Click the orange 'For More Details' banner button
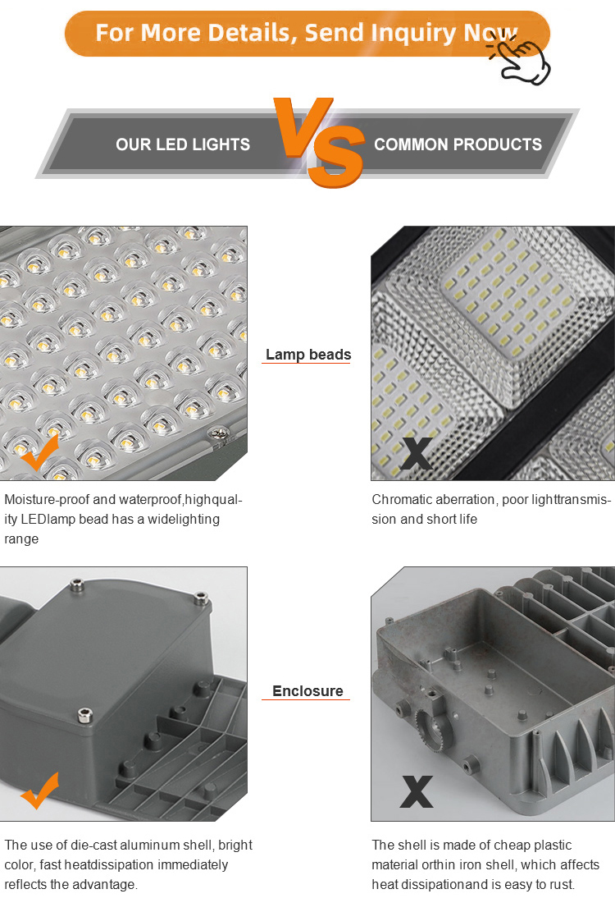[307, 34]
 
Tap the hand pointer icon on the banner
[520, 61]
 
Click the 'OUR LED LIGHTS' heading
[183, 144]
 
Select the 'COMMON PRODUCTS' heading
[458, 144]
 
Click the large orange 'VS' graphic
[320, 143]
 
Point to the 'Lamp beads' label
[308, 355]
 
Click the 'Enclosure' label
[307, 691]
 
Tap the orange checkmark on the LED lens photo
[40, 453]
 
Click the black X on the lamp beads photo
[417, 454]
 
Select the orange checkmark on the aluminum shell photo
[40, 791]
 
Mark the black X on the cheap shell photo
[417, 791]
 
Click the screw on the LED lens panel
[220, 433]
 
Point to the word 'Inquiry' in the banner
[413, 34]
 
